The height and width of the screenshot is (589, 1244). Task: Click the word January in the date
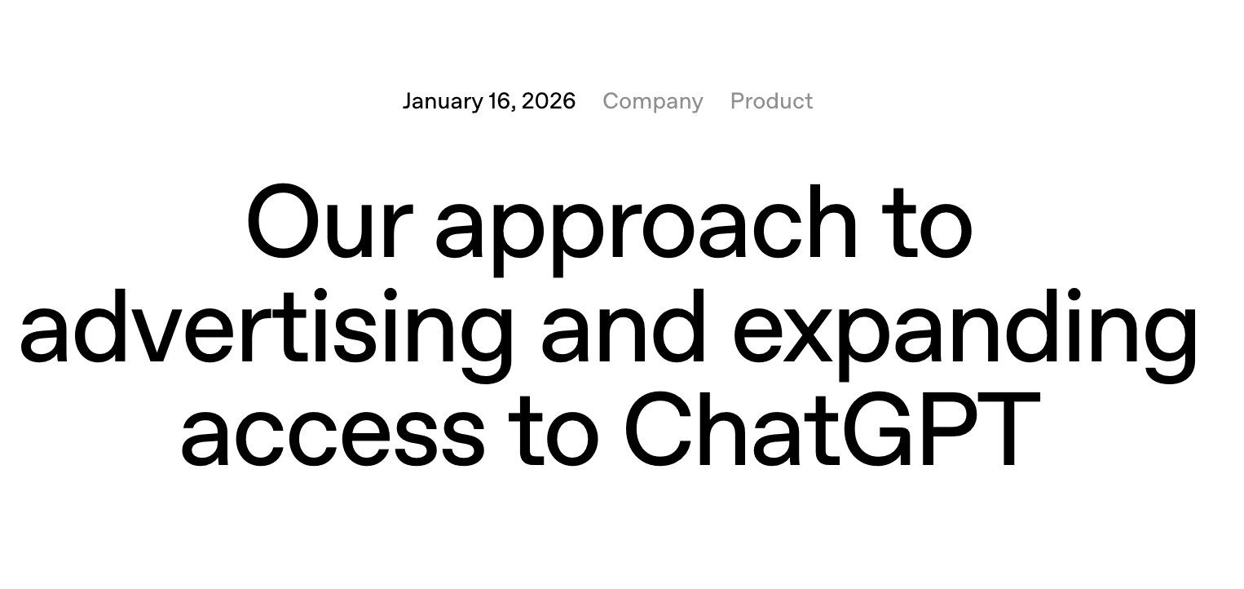[442, 101]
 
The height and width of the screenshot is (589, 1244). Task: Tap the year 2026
[549, 101]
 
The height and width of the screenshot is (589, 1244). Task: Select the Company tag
[652, 101]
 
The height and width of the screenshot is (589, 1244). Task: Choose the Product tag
[771, 101]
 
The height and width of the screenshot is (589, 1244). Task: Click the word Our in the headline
[325, 222]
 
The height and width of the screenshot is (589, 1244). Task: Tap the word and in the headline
[624, 326]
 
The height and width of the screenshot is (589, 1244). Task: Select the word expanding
[966, 330]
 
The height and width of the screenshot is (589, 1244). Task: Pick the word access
[333, 432]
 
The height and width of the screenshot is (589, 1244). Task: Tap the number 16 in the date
[500, 101]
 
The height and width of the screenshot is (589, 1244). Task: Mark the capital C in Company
[611, 101]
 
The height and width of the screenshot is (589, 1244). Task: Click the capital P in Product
[737, 101]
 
